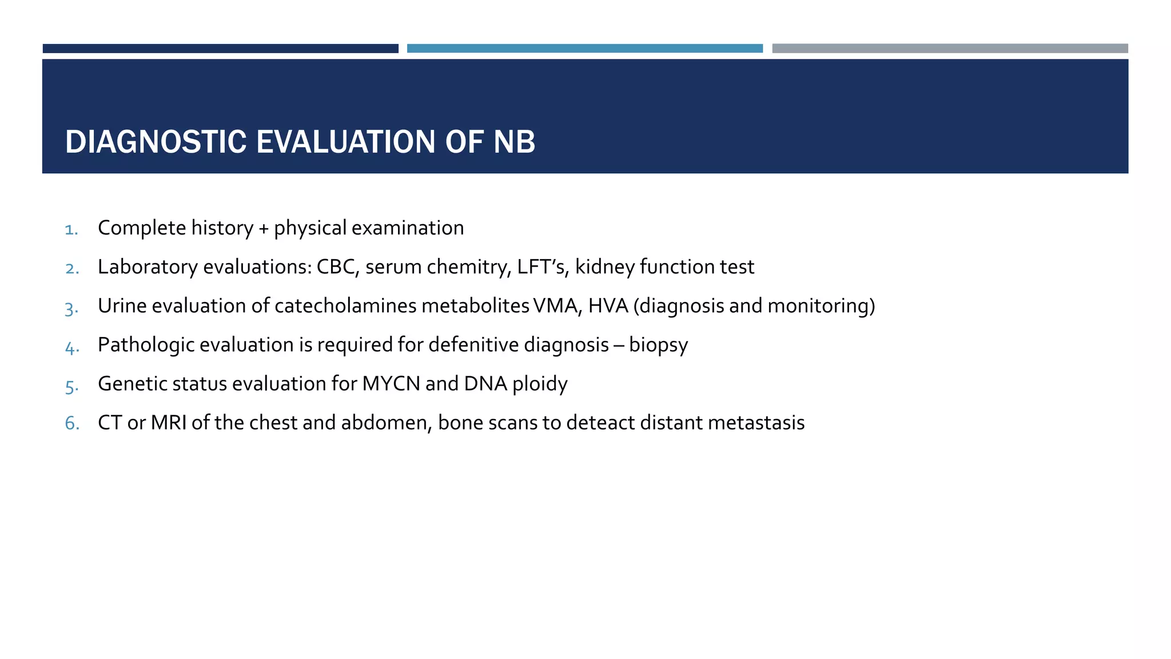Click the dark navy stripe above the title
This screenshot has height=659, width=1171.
[220, 49]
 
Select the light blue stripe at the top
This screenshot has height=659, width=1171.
[584, 49]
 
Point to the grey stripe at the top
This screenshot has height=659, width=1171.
[950, 49]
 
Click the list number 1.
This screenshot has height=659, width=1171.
[71, 229]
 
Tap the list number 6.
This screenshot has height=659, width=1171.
[71, 423]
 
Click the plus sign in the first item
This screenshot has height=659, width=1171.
[263, 229]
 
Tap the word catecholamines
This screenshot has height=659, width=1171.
[345, 306]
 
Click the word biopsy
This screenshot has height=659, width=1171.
[658, 346]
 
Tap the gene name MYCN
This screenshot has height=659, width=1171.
[391, 384]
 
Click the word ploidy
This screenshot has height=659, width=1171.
[539, 384]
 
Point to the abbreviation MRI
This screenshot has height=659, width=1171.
[169, 423]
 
